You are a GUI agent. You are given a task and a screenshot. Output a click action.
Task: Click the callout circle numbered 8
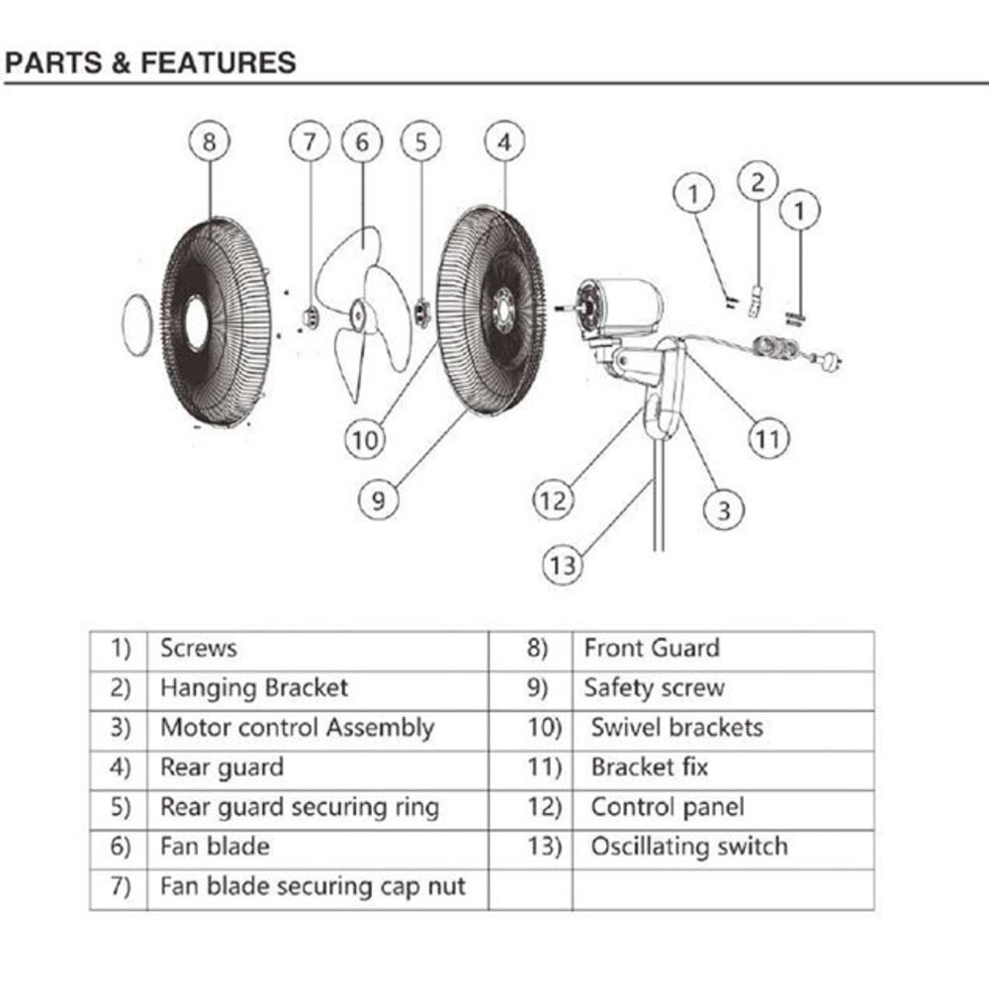pos(209,142)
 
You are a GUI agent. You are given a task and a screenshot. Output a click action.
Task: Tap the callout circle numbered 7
pos(310,142)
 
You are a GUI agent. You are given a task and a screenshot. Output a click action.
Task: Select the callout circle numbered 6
pos(362,142)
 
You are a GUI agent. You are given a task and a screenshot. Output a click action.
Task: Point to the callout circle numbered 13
pos(562,566)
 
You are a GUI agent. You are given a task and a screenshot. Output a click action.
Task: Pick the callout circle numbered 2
pos(758,182)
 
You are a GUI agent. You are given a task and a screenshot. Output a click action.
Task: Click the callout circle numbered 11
pos(768,438)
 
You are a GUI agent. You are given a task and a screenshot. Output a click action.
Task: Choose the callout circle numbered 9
pos(378,499)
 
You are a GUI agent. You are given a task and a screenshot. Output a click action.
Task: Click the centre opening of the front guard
pos(197,322)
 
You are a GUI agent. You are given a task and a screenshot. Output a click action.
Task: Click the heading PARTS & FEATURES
pos(150,63)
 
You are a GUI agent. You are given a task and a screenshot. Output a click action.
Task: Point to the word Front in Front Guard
pos(613,649)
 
